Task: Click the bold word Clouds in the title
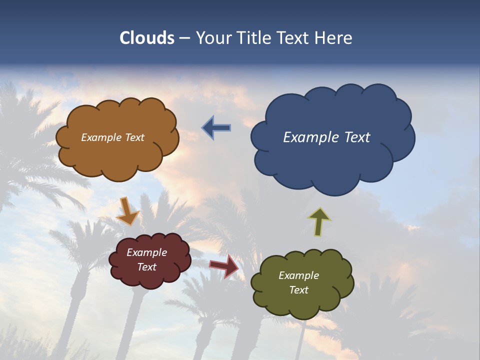146,38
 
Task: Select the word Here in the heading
335,38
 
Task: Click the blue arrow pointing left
216,127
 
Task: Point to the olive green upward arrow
319,221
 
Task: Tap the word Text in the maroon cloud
146,267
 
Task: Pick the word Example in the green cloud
298,275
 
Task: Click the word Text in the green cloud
298,290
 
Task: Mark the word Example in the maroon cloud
146,252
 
